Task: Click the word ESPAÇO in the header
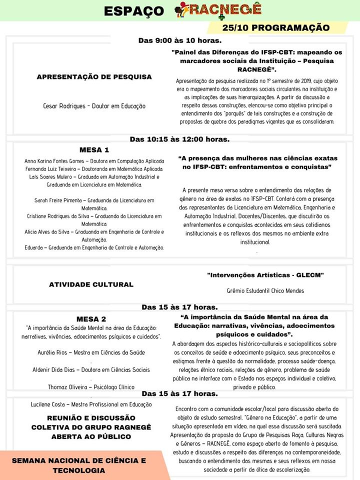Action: pos(134,10)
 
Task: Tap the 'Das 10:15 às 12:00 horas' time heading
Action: pos(180,139)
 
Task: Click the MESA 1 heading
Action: pos(94,149)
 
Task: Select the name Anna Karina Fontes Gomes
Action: pos(55,161)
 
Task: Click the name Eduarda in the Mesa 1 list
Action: pos(35,247)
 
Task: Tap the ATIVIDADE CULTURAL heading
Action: pos(91,284)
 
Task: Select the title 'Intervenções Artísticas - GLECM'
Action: pos(265,275)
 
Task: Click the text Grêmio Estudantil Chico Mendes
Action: pos(265,290)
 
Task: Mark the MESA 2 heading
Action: pos(91,319)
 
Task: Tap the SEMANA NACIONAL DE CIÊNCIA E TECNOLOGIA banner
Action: pos(79,465)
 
